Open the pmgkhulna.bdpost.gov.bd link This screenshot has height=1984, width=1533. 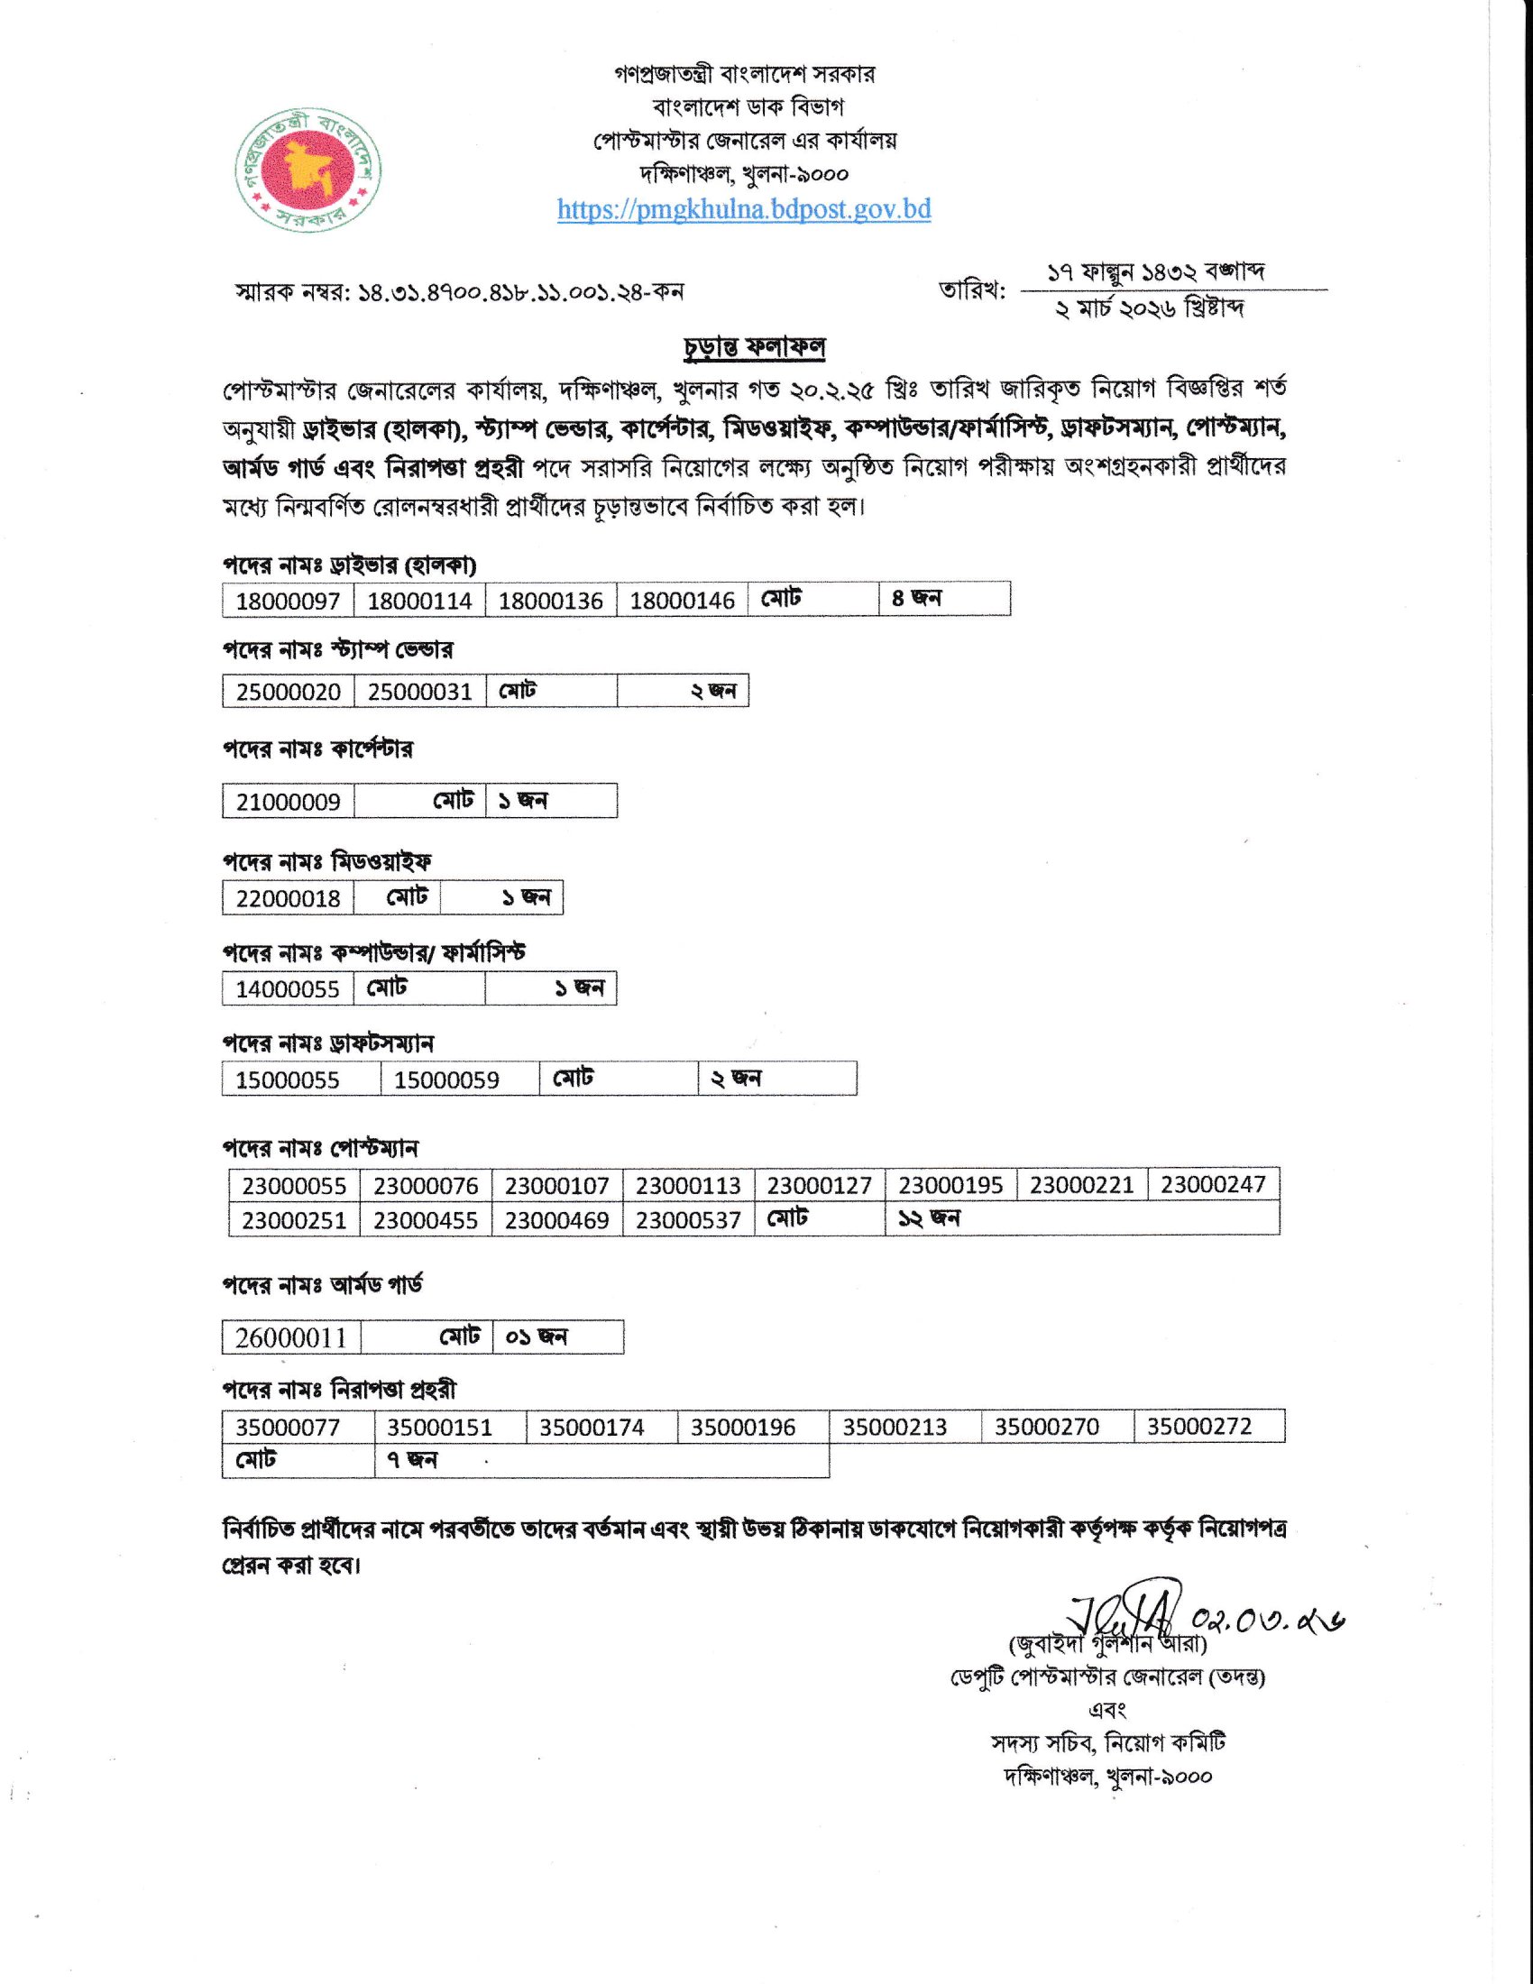click(x=744, y=210)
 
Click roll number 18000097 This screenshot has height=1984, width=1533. click(x=288, y=601)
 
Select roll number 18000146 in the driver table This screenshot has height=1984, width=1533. click(x=682, y=601)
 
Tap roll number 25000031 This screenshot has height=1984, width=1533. click(x=419, y=693)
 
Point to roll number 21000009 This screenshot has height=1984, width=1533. click(x=288, y=802)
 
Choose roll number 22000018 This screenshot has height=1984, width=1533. click(x=288, y=898)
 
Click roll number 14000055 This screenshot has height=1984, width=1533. click(x=288, y=989)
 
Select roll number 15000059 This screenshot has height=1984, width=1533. click(x=445, y=1080)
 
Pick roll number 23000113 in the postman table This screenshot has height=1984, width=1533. click(x=688, y=1186)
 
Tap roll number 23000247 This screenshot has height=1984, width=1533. click(x=1212, y=1185)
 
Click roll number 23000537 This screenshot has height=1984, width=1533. click(x=688, y=1220)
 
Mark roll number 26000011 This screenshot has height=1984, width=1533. click(x=290, y=1338)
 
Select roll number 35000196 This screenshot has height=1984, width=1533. click(x=743, y=1428)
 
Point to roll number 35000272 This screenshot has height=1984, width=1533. click(x=1198, y=1428)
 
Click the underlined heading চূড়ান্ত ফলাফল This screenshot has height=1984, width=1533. click(x=753, y=348)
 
